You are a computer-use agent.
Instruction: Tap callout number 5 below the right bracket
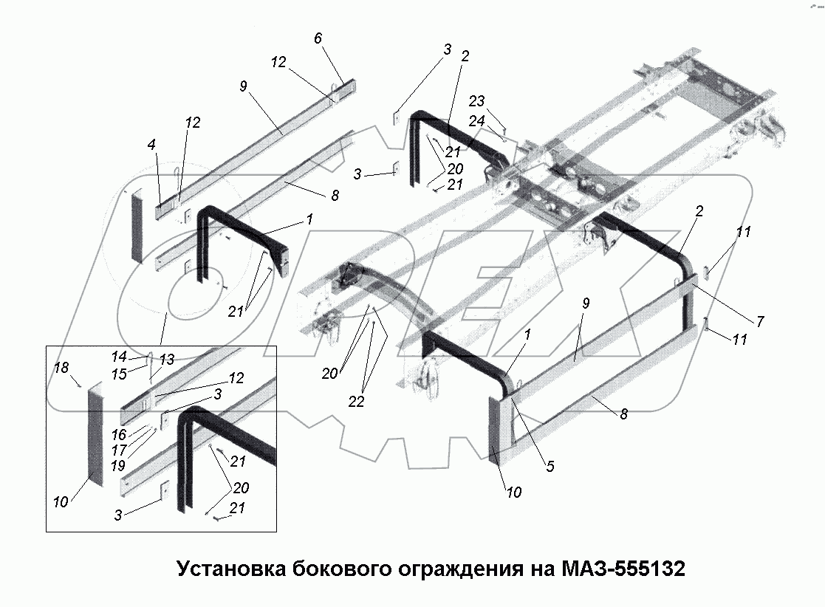550,466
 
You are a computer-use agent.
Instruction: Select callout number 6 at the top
318,38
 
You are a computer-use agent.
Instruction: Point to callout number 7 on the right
760,322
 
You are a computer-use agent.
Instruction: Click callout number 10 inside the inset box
61,501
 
